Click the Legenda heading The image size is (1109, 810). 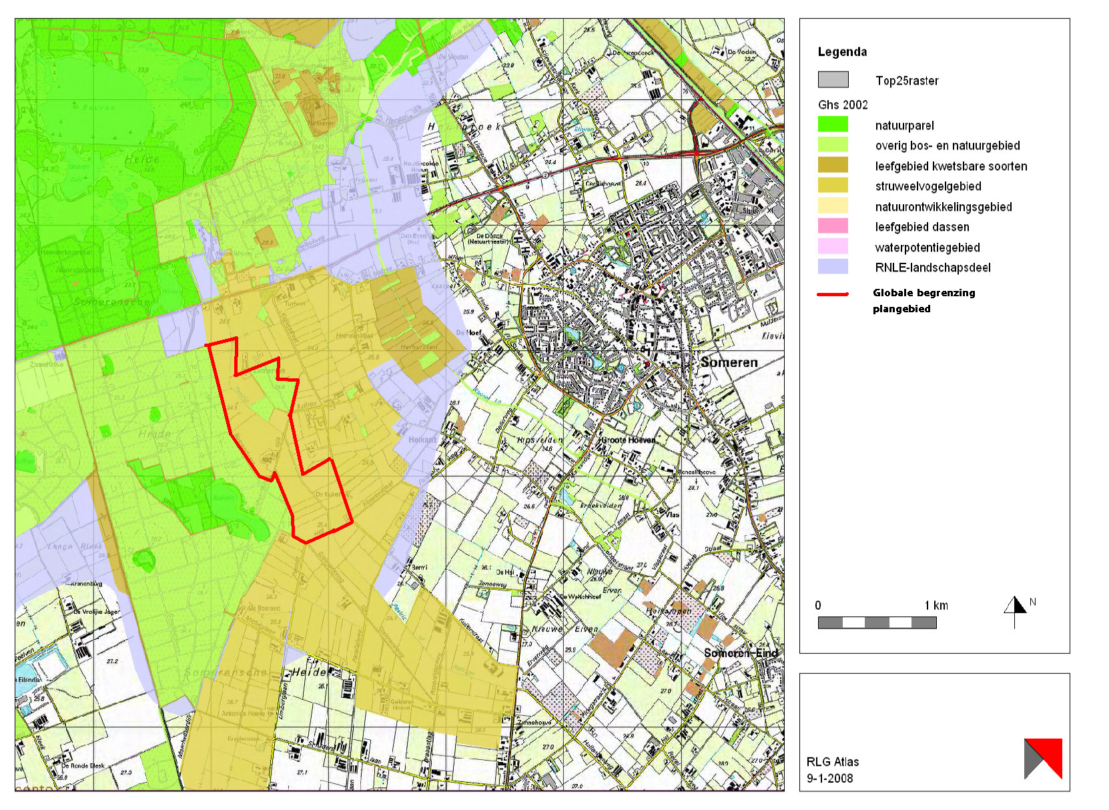(x=842, y=52)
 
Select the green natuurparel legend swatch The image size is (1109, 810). (x=833, y=125)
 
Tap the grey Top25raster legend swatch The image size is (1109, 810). (x=833, y=80)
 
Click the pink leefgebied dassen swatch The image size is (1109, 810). (x=833, y=226)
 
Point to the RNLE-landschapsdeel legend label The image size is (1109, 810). (x=932, y=268)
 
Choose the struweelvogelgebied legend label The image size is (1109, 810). (x=928, y=186)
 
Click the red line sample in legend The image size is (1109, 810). (x=833, y=294)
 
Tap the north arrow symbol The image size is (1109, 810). (x=1015, y=610)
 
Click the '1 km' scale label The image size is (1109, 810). (x=936, y=605)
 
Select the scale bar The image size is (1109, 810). (x=877, y=623)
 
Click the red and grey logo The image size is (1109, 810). (x=1042, y=758)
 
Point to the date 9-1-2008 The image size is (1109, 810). (x=829, y=778)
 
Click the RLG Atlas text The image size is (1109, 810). (x=832, y=761)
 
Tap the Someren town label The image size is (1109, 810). (x=729, y=362)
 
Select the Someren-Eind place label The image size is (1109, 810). (x=741, y=653)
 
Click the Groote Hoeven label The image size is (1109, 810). (x=628, y=440)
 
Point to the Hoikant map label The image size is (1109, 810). (x=422, y=440)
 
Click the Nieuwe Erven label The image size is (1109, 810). (x=565, y=629)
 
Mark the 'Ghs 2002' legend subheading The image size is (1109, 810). (x=843, y=105)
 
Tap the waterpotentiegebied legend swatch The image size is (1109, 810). (x=833, y=247)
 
